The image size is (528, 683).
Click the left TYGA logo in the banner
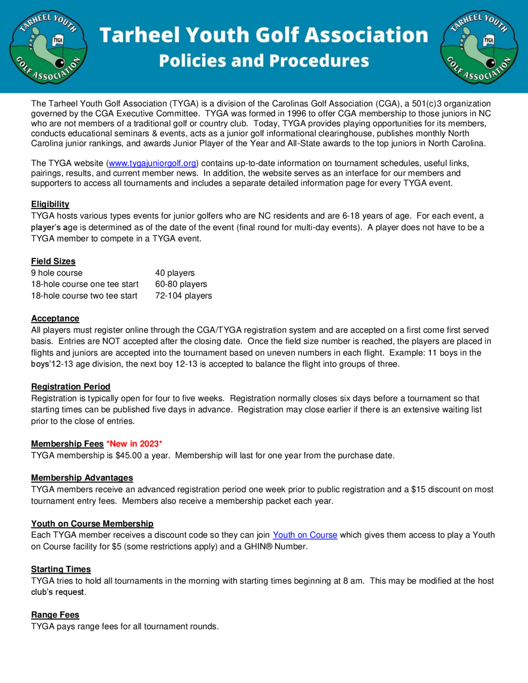point(49,47)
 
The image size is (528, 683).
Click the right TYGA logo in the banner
point(479,47)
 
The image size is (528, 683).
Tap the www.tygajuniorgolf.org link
point(152,163)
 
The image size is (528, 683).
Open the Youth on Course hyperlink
point(305,535)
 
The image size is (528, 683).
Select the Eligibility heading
point(50,204)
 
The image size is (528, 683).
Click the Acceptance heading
point(55,318)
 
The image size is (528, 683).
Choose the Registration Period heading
point(71,387)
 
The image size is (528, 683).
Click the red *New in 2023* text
point(134,444)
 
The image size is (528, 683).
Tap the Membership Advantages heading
point(82,478)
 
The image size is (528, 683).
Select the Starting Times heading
point(61,569)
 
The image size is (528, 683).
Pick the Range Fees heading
point(55,615)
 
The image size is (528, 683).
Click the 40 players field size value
point(175,273)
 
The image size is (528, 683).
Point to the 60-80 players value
point(181,284)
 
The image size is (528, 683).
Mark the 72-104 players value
point(183,296)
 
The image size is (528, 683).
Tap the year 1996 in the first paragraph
point(297,113)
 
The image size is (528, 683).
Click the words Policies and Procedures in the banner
point(264,61)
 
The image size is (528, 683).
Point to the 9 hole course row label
point(56,273)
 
